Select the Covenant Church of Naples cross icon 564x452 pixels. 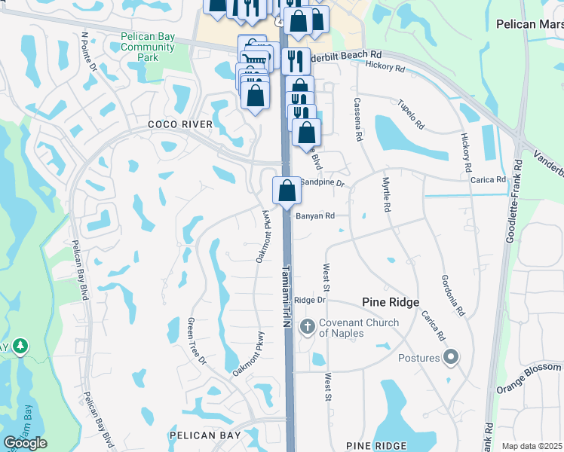[x=307, y=327]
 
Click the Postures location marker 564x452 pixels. [x=451, y=357]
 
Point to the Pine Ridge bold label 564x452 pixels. [x=390, y=301]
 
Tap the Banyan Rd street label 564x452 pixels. [x=314, y=215]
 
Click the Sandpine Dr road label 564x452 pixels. [x=323, y=182]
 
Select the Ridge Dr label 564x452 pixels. [x=309, y=300]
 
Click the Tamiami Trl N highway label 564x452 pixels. [x=287, y=295]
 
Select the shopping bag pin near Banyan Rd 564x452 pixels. [x=287, y=190]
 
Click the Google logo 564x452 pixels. [x=25, y=443]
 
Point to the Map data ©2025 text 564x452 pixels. [x=532, y=446]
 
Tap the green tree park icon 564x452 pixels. [x=20, y=347]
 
